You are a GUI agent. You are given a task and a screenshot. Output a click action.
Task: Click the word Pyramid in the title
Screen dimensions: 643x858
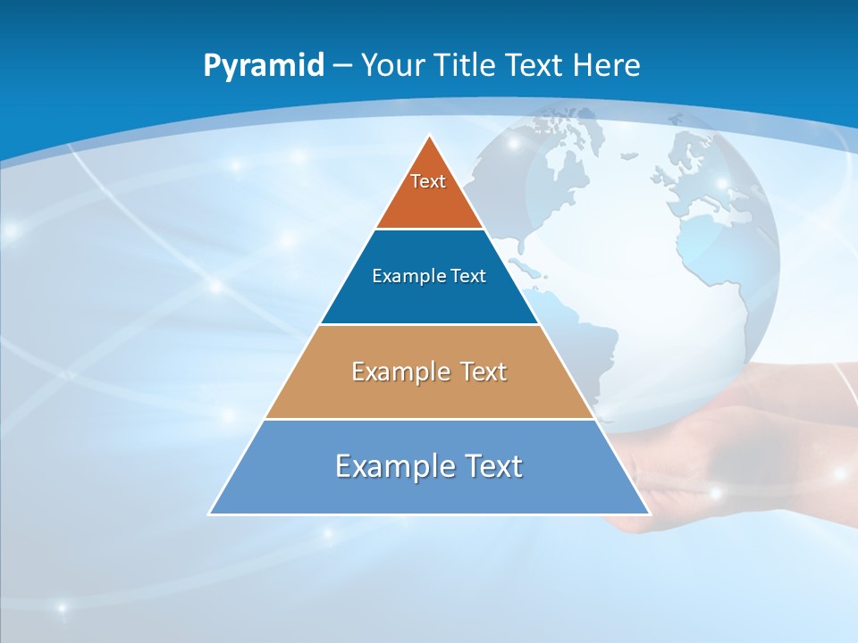[x=264, y=66]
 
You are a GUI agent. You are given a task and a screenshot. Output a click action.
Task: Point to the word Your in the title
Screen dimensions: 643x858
[x=393, y=65]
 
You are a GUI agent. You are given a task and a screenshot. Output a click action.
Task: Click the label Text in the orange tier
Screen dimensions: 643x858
[x=428, y=181]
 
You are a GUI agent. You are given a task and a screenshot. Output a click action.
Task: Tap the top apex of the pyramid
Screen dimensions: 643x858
[x=430, y=137]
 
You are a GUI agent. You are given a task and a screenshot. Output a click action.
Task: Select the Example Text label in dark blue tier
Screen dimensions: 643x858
[x=429, y=276]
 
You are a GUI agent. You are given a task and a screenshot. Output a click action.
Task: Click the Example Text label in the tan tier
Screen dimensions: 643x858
[x=429, y=372]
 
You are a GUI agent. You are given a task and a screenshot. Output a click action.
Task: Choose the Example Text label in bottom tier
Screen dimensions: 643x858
[x=429, y=466]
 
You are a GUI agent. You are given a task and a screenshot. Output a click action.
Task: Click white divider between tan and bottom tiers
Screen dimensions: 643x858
[x=429, y=419]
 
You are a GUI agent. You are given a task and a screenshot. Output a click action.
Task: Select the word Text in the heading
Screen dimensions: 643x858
[x=534, y=65]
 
